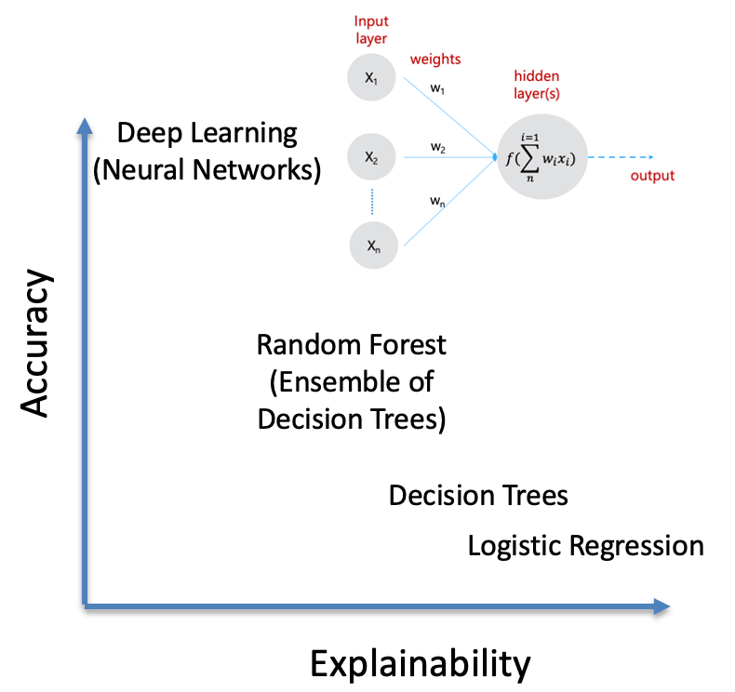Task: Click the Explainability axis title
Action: click(x=420, y=664)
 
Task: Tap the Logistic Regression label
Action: click(x=585, y=545)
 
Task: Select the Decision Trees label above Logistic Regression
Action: click(x=478, y=495)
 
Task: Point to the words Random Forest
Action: click(x=352, y=345)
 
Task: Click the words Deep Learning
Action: click(x=207, y=133)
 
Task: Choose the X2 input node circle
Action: click(x=372, y=158)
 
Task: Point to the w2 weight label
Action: click(x=438, y=147)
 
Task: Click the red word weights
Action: click(x=436, y=59)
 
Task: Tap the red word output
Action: click(x=652, y=176)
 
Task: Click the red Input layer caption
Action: click(x=372, y=28)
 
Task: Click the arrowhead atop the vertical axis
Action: click(x=86, y=126)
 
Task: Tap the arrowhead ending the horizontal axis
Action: click(x=661, y=606)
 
